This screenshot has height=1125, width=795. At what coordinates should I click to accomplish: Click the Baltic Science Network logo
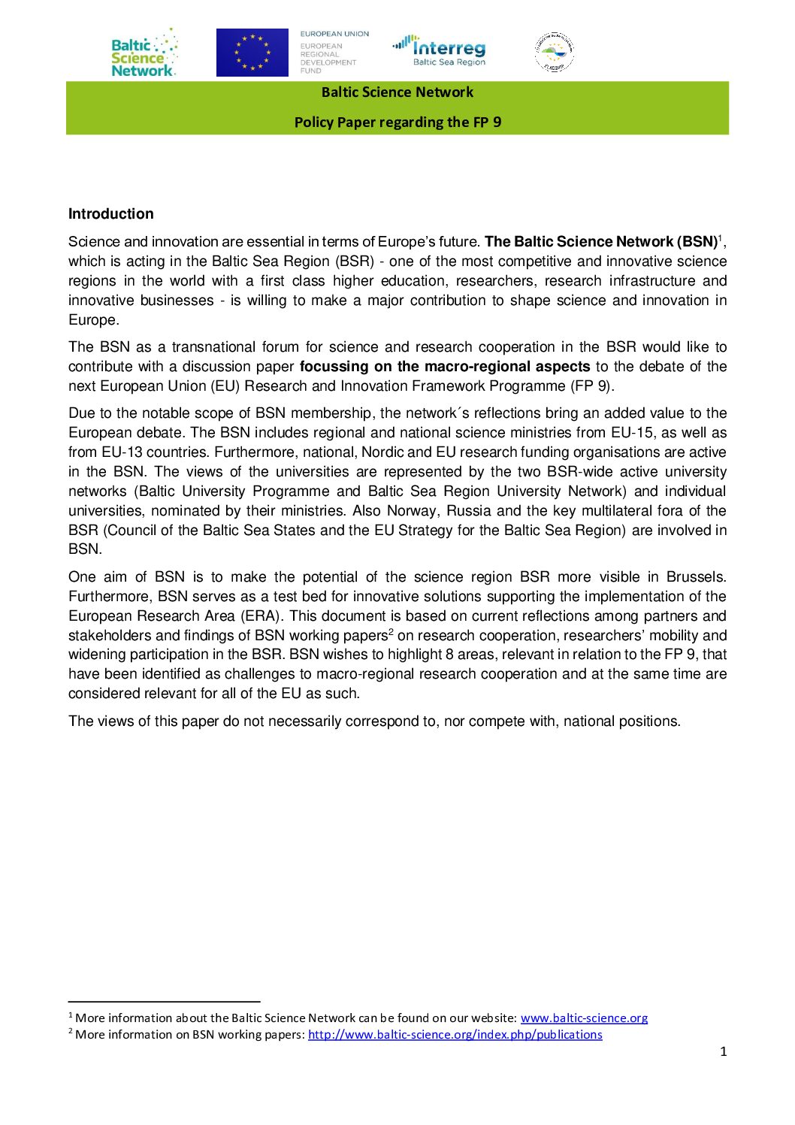[144, 53]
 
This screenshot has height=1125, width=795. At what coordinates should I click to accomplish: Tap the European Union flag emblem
[252, 53]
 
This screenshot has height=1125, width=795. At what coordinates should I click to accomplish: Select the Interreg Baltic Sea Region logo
[440, 50]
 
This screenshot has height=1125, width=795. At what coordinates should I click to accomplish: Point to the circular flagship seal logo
[555, 52]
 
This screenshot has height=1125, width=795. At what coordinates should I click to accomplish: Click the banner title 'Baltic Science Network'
[397, 92]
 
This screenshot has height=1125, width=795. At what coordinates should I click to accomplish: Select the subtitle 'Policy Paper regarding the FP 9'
[397, 122]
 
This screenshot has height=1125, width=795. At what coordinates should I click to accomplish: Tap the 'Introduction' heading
[110, 214]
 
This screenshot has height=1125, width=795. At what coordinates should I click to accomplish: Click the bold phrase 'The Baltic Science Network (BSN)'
[600, 242]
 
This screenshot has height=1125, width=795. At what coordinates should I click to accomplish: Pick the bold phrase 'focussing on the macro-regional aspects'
[445, 367]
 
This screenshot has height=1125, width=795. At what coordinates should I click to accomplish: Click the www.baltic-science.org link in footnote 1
[584, 1018]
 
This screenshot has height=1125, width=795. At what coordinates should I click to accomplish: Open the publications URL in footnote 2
[455, 1035]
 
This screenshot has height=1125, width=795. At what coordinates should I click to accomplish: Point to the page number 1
[723, 1052]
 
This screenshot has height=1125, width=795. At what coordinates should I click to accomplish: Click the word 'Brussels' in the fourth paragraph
[696, 577]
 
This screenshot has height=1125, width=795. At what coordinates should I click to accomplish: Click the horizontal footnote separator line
[164, 1002]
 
